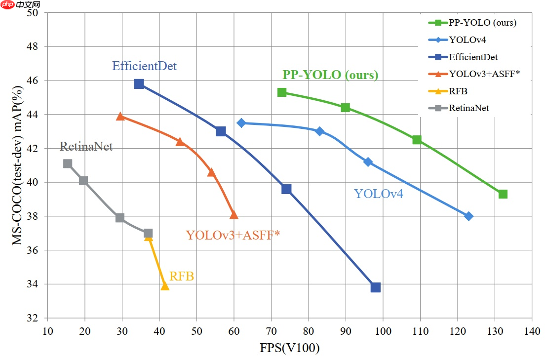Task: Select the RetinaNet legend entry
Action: (469, 108)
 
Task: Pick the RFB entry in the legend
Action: (458, 91)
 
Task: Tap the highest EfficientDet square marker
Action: (139, 84)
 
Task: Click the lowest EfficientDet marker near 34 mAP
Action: (376, 287)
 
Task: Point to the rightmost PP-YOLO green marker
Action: (503, 194)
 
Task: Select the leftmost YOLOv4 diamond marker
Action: (241, 122)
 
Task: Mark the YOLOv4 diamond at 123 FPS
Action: (469, 216)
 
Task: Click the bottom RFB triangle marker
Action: (165, 286)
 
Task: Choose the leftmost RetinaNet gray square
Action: (68, 163)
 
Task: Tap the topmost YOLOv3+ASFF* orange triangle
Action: (120, 116)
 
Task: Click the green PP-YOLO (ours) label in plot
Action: (330, 75)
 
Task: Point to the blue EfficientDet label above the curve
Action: (144, 66)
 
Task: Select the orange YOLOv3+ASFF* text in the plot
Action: (233, 235)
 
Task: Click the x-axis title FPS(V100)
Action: (290, 348)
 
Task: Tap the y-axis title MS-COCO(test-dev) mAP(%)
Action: (17, 166)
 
